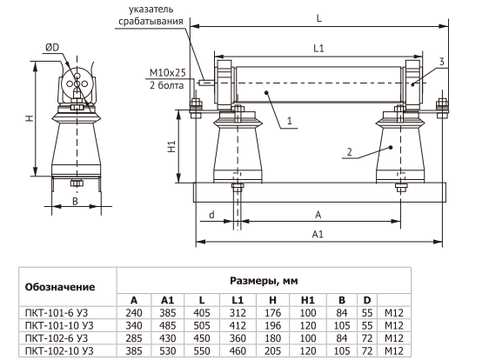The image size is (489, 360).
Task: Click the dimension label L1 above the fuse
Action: click(318, 49)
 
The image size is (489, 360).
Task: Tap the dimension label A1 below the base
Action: click(318, 234)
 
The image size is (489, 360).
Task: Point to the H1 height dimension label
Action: click(171, 146)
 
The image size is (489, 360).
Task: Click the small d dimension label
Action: click(211, 215)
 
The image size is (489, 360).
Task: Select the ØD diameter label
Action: click(52, 47)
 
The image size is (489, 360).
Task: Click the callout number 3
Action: click(441, 62)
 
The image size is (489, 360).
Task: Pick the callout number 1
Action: click(290, 120)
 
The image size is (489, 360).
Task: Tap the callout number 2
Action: click(349, 152)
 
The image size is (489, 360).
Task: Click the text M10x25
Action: click(167, 73)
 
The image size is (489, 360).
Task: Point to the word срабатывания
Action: click(151, 21)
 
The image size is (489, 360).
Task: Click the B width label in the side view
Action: click(75, 202)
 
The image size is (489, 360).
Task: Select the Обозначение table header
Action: click(60, 287)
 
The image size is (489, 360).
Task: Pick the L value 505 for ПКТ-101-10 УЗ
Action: click(202, 325)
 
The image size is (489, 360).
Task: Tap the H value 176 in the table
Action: click(273, 313)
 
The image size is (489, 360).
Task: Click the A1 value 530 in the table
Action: click(168, 351)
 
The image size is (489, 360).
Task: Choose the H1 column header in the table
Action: click(308, 300)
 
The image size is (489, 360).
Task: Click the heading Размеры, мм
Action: click(264, 281)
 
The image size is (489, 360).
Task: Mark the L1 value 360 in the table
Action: click(238, 338)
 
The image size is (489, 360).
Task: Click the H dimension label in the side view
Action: click(30, 118)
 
